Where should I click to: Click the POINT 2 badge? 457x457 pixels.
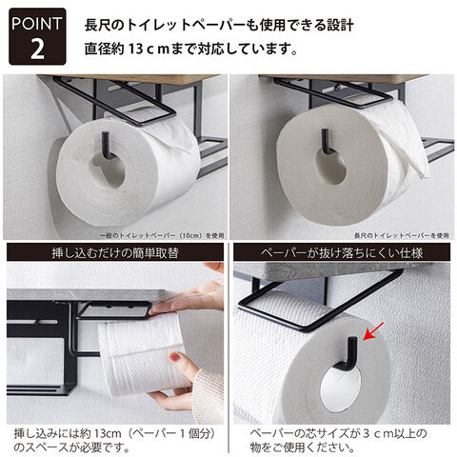tap(37, 36)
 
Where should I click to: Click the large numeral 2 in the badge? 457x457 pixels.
tap(37, 49)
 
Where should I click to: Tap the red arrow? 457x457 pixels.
tap(373, 331)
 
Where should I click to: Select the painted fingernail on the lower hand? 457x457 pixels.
tap(175, 358)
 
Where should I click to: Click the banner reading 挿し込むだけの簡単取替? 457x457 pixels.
tap(115, 252)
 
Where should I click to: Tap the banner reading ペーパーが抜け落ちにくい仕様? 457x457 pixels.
tap(342, 252)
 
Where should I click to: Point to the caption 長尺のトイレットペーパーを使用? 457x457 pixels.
tap(402, 235)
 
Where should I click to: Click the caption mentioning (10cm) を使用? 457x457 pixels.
tap(162, 235)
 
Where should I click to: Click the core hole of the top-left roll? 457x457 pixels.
tap(108, 171)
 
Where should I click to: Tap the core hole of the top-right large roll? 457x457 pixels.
tap(331, 166)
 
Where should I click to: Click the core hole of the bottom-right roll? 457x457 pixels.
tap(341, 388)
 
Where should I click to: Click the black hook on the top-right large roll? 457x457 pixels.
tap(328, 141)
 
